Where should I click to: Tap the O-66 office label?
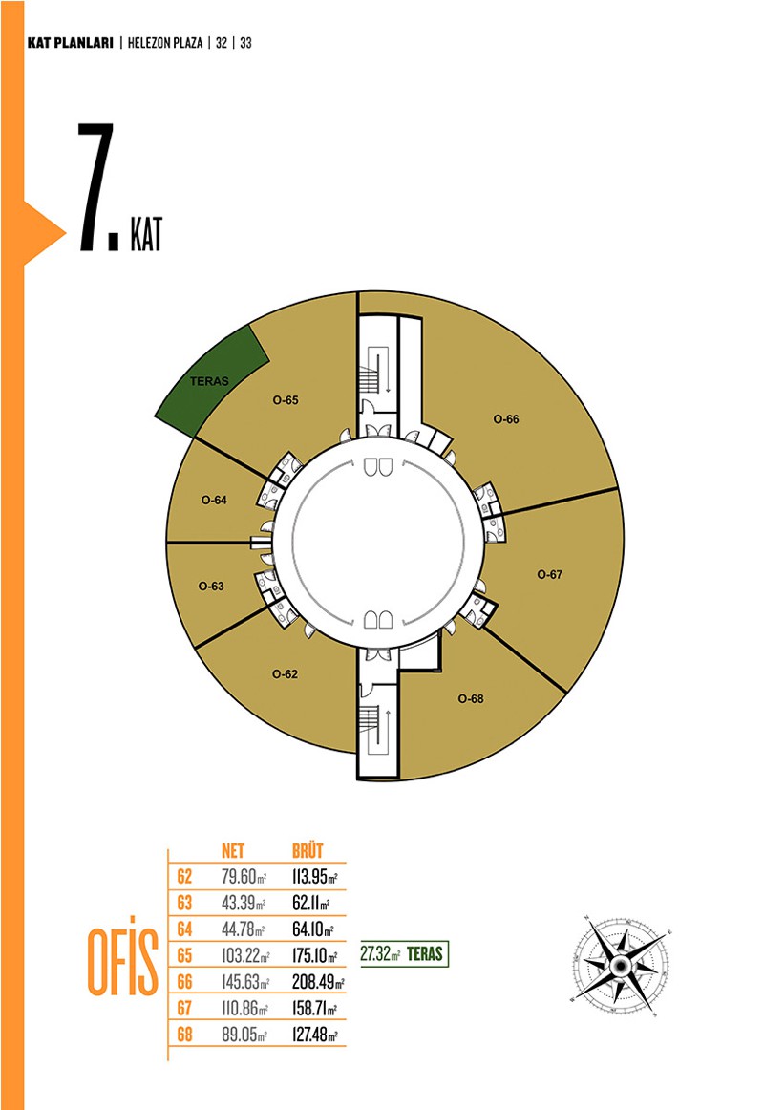point(506,419)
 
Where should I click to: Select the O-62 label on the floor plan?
point(286,674)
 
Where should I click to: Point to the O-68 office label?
point(471,698)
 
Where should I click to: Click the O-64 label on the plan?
point(214,500)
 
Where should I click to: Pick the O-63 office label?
point(211,587)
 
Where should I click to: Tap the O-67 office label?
point(550,574)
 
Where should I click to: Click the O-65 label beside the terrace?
point(286,400)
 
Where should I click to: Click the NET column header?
point(233,850)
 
